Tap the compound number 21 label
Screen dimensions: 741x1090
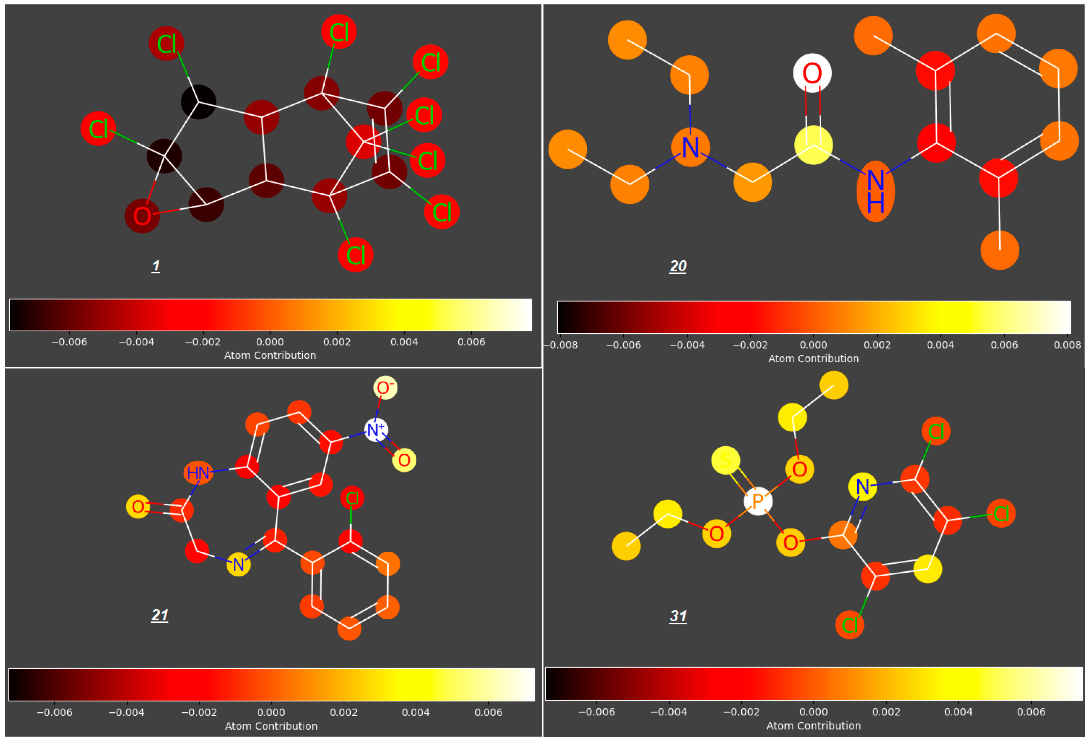[160, 615]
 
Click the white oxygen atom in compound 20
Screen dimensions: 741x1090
[812, 73]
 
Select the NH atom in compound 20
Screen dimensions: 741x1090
[875, 191]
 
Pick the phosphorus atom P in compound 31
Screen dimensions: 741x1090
[758, 501]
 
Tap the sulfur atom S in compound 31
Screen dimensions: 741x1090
[725, 460]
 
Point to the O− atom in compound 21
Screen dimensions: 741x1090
[385, 388]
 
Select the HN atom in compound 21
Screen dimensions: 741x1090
[198, 473]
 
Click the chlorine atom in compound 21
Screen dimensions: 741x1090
[352, 498]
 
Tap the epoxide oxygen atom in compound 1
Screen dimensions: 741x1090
[142, 216]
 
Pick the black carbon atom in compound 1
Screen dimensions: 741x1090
[199, 102]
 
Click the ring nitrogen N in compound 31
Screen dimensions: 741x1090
[862, 486]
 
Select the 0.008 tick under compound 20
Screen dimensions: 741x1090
[1067, 345]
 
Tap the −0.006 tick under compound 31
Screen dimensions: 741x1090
[596, 712]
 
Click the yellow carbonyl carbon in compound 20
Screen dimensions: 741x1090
[813, 145]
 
